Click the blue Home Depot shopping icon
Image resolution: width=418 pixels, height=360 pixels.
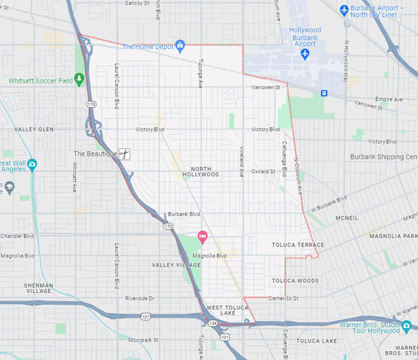click(x=180, y=46)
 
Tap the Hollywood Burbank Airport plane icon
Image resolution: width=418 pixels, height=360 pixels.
click(x=305, y=54)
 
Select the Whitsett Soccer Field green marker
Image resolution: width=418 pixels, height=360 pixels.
click(x=81, y=80)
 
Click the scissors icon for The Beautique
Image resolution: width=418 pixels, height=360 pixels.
click(x=126, y=154)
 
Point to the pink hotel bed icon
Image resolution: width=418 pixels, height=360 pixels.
click(x=202, y=237)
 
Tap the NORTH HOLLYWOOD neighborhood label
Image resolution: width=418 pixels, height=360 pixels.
click(x=200, y=171)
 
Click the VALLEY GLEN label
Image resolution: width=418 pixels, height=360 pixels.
click(x=34, y=130)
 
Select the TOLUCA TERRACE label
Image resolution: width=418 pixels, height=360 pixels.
click(x=297, y=245)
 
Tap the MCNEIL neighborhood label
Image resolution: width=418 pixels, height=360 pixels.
click(x=346, y=218)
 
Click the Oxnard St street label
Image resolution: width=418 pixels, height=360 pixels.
click(x=264, y=171)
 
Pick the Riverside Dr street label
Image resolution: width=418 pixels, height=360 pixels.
click(x=139, y=298)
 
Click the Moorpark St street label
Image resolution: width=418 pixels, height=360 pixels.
click(x=143, y=340)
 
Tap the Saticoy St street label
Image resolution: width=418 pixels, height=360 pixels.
click(x=135, y=3)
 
